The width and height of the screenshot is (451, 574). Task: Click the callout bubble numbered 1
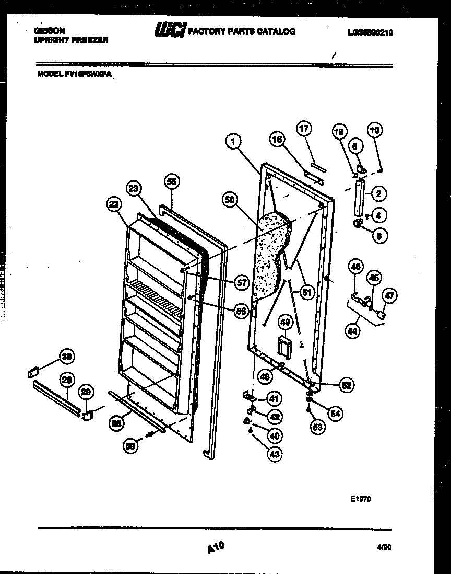(234, 140)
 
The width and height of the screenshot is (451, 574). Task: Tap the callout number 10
(375, 130)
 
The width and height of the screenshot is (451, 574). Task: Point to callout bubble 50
(229, 200)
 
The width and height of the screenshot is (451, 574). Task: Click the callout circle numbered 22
(114, 205)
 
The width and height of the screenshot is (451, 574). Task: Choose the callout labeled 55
(171, 181)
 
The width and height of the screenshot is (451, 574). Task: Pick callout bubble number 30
(66, 357)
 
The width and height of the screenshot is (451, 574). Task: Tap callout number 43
(274, 454)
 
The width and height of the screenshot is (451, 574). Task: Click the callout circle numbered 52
(346, 385)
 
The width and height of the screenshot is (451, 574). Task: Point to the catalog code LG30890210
(370, 32)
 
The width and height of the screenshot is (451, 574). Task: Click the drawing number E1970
(360, 499)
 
